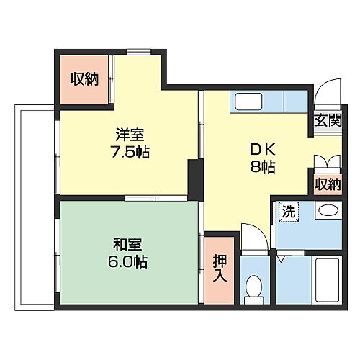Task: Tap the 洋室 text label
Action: (x=130, y=134)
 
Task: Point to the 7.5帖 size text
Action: (x=130, y=153)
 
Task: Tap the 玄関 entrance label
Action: (x=326, y=121)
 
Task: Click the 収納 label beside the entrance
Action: (x=326, y=184)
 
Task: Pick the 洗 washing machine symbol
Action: (x=287, y=212)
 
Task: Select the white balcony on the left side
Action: (x=34, y=207)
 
